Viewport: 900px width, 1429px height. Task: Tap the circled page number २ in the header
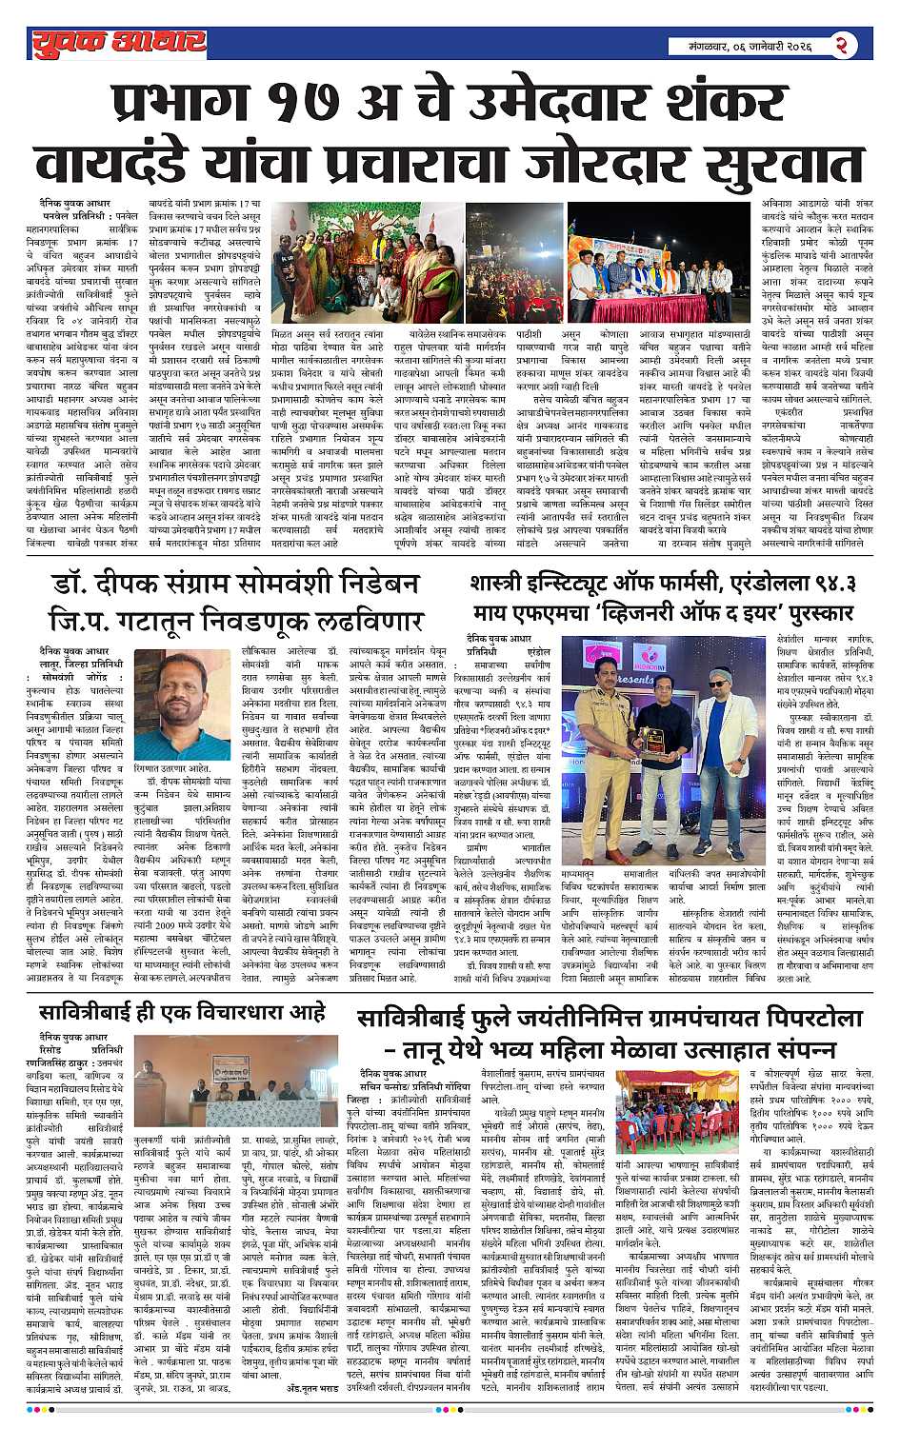pos(841,44)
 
